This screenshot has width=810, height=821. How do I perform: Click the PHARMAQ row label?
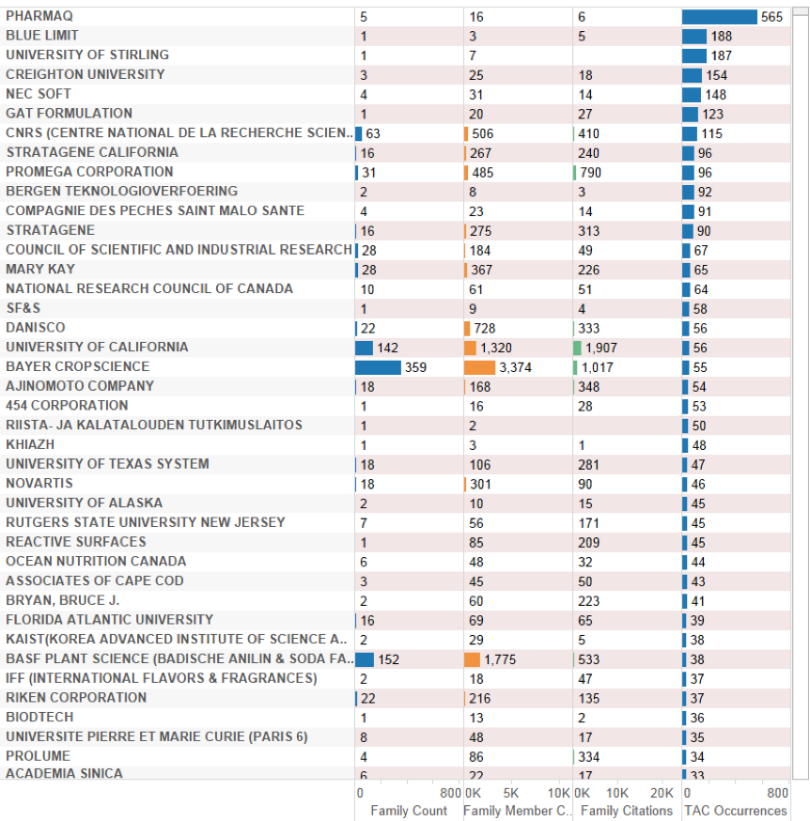pos(39,17)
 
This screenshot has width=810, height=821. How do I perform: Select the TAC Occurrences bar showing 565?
pos(719,17)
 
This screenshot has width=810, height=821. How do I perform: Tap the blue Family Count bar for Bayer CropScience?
pos(378,367)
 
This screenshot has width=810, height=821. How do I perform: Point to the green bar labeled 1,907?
pos(577,348)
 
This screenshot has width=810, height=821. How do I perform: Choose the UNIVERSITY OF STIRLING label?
pos(87,55)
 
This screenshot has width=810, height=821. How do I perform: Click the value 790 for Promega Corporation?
pos(590,173)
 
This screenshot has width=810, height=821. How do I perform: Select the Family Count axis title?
pos(409,811)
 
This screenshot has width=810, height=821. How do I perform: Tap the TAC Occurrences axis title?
pos(736,811)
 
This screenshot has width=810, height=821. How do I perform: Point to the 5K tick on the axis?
pos(511,793)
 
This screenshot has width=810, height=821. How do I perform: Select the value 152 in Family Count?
pos(388,659)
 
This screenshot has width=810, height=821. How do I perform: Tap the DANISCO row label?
pos(36,328)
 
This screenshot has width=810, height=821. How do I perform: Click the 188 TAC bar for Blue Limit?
pos(694,37)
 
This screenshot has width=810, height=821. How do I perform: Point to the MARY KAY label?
pos(40,270)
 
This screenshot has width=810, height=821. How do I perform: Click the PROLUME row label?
pos(38,755)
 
